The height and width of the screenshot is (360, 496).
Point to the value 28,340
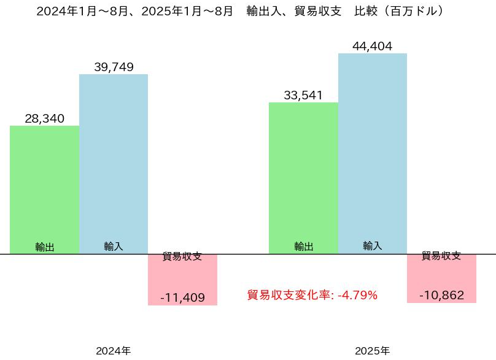point(45,118)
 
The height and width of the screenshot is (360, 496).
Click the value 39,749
point(114,67)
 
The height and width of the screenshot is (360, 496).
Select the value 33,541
point(303,95)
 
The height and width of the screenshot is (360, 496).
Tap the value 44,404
point(373,46)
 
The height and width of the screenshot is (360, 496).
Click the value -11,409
point(182,298)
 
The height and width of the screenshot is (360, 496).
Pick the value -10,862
point(441,295)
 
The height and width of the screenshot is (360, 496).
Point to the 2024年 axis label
point(114,351)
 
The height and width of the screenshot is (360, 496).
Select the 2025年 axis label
point(373,351)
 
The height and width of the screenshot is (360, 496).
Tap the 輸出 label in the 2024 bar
point(45,247)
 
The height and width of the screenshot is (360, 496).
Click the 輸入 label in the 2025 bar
point(373,246)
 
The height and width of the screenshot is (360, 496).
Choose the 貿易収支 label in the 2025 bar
point(441,256)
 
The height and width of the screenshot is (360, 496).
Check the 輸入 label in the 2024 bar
point(114,246)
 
